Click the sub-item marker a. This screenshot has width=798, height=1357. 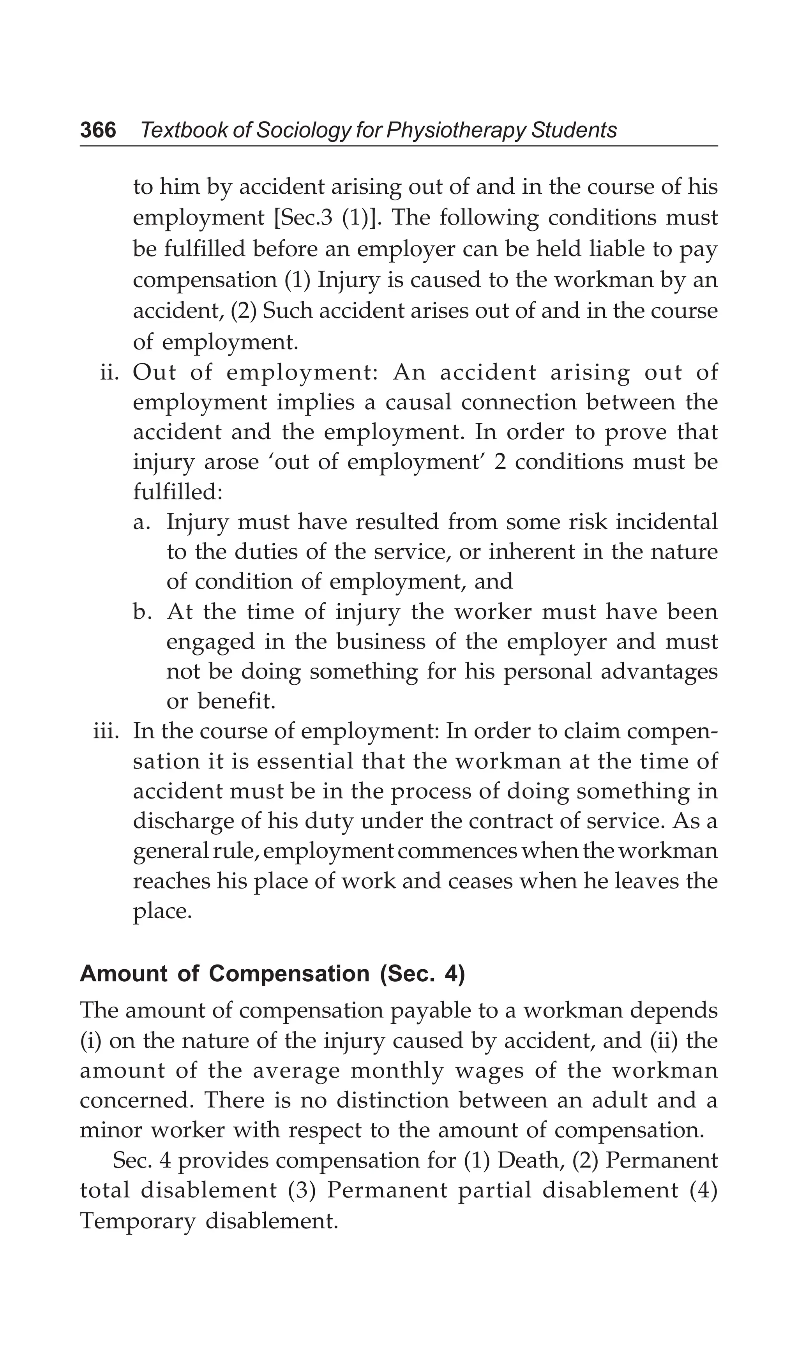(x=141, y=522)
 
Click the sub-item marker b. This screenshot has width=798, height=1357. (x=141, y=612)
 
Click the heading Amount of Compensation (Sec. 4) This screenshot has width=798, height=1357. (x=272, y=974)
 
